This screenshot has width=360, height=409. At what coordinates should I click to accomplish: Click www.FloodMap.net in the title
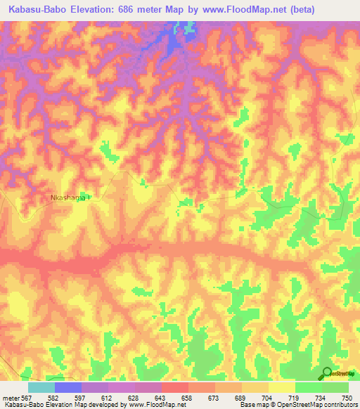pyautogui.click(x=238, y=9)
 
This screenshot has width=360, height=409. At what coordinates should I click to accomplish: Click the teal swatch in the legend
pyautogui.click(x=41, y=387)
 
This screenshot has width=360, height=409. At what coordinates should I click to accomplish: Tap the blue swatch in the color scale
pyautogui.click(x=68, y=387)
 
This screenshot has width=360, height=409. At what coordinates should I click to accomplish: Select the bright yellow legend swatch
pyautogui.click(x=281, y=387)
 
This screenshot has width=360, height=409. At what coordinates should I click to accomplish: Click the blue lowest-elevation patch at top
pyautogui.click(x=172, y=42)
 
